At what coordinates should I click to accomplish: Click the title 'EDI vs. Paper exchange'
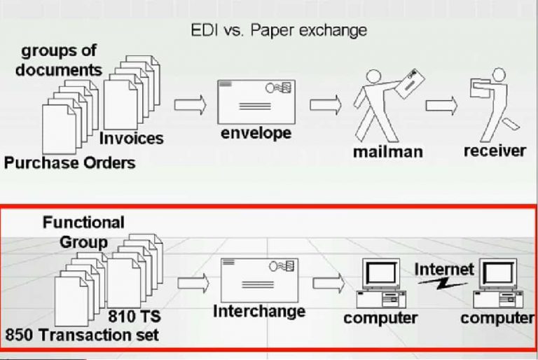pos(279,32)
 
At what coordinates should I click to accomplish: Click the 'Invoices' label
pos(131,138)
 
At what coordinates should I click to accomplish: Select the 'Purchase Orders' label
pos(69,163)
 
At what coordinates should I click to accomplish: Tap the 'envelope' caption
pos(256,132)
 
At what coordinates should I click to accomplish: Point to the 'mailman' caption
pos(387,151)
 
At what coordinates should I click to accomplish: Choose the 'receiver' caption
pos(495,151)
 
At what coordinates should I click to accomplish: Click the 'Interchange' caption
pos(259,310)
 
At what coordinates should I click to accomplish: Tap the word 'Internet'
pos(444,269)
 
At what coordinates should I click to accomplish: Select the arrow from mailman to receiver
pos(441,106)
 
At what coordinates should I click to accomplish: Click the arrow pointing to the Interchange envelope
pos(193,282)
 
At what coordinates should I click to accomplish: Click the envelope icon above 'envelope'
pos(256,101)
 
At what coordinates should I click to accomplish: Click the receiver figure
pos(491,102)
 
